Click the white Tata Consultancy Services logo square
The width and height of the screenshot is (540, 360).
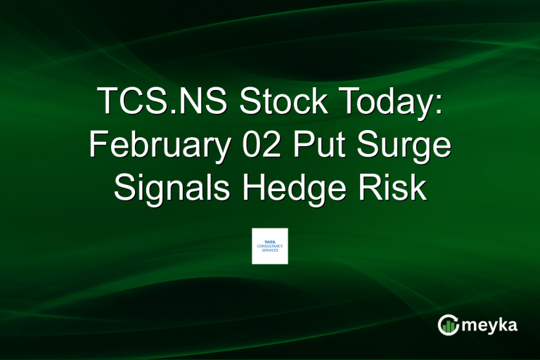click(x=270, y=246)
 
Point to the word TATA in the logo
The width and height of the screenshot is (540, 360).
click(x=270, y=241)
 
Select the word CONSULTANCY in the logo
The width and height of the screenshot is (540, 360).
click(x=270, y=246)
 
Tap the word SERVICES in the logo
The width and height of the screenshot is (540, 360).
click(x=270, y=250)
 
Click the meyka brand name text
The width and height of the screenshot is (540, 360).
click(x=490, y=325)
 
